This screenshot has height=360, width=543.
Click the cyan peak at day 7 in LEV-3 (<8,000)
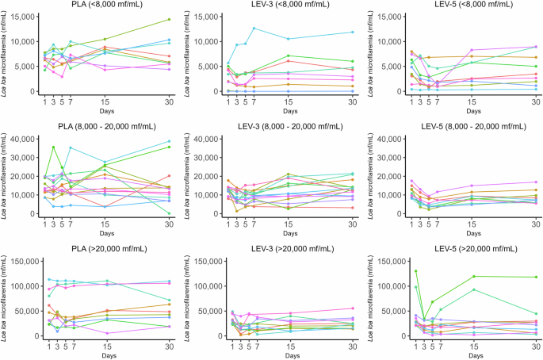254,29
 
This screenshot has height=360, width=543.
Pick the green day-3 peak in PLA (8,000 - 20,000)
53,147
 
